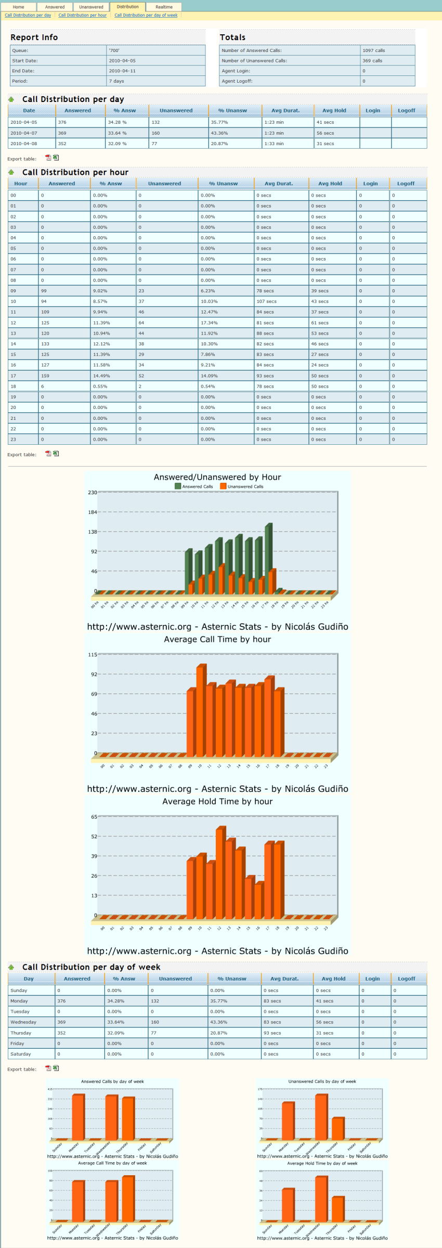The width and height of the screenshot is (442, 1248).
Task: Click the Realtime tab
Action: pyautogui.click(x=164, y=7)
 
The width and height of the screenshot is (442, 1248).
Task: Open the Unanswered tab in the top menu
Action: pyautogui.click(x=91, y=7)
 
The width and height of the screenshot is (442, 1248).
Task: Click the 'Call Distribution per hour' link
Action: pyautogui.click(x=82, y=15)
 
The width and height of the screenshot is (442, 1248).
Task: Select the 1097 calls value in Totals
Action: pyautogui.click(x=374, y=50)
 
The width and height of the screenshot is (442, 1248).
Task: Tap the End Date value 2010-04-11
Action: pyautogui.click(x=122, y=71)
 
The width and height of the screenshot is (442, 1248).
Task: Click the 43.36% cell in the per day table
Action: pyautogui.click(x=219, y=133)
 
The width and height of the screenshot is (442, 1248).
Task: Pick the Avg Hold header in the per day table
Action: pyautogui.click(x=334, y=110)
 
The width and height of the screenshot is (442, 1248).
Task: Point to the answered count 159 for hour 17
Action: pyautogui.click(x=45, y=376)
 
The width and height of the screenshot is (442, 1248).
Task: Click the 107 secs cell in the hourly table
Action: pyautogui.click(x=266, y=301)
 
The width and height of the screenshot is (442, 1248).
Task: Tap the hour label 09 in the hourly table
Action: pyautogui.click(x=14, y=291)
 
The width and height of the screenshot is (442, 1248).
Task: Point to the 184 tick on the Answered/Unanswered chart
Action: pyautogui.click(x=92, y=512)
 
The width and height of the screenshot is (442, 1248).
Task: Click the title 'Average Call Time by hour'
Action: pyautogui.click(x=217, y=639)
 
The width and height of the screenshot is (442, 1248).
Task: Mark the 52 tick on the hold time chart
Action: pyautogui.click(x=94, y=837)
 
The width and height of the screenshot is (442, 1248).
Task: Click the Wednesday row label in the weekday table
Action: pyautogui.click(x=23, y=1022)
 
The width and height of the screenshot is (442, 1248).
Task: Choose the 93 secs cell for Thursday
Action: pyautogui.click(x=272, y=1033)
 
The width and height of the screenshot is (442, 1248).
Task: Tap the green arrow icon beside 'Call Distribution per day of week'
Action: pyautogui.click(x=11, y=967)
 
